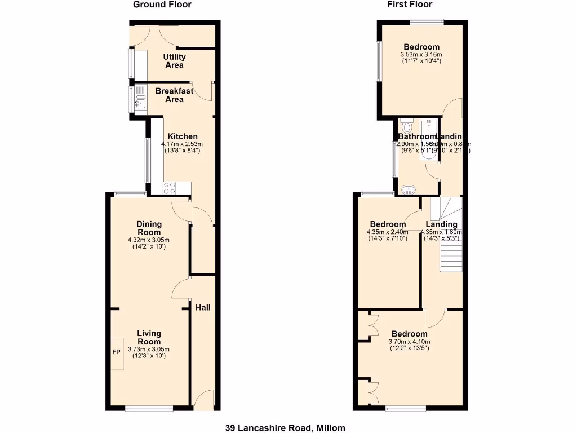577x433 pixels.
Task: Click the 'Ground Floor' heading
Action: pos(162,5)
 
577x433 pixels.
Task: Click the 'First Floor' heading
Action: pos(410,5)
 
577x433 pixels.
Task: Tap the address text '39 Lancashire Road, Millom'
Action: pos(285,428)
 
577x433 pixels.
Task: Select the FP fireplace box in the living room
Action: pos(117,353)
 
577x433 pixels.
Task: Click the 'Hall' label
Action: pos(203,308)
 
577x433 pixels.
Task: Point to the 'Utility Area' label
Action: pos(174,61)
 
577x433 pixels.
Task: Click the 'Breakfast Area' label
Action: pos(174,95)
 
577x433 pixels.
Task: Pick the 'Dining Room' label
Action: pos(149,228)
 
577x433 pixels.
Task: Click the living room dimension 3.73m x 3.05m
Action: pos(149,349)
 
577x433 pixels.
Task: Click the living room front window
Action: pos(149,408)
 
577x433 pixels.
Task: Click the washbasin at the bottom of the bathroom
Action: pos(409,189)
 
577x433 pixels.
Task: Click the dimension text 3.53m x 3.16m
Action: pos(421,55)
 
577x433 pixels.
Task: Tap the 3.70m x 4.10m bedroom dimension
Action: pos(409,341)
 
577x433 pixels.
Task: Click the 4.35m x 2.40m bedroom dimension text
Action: pos(386,232)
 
